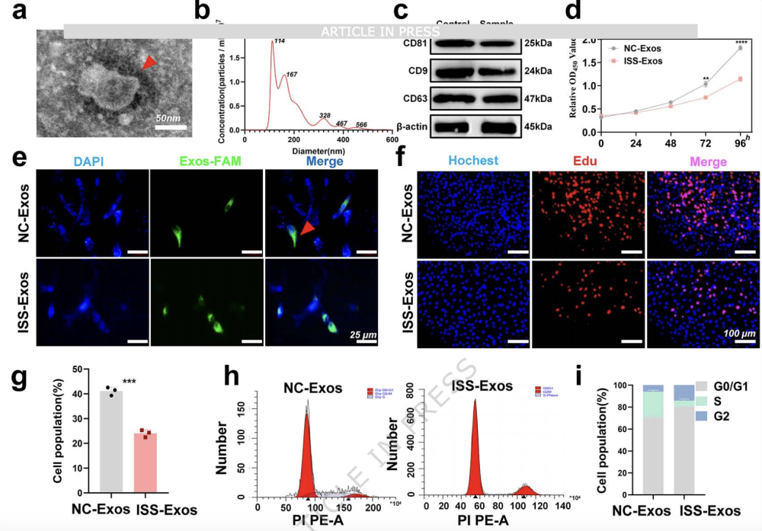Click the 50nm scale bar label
pos(170,119)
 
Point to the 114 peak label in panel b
pos(280,40)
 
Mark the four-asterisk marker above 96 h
pos(739,42)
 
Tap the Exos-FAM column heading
pos(207,162)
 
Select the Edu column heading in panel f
pos(587,162)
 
